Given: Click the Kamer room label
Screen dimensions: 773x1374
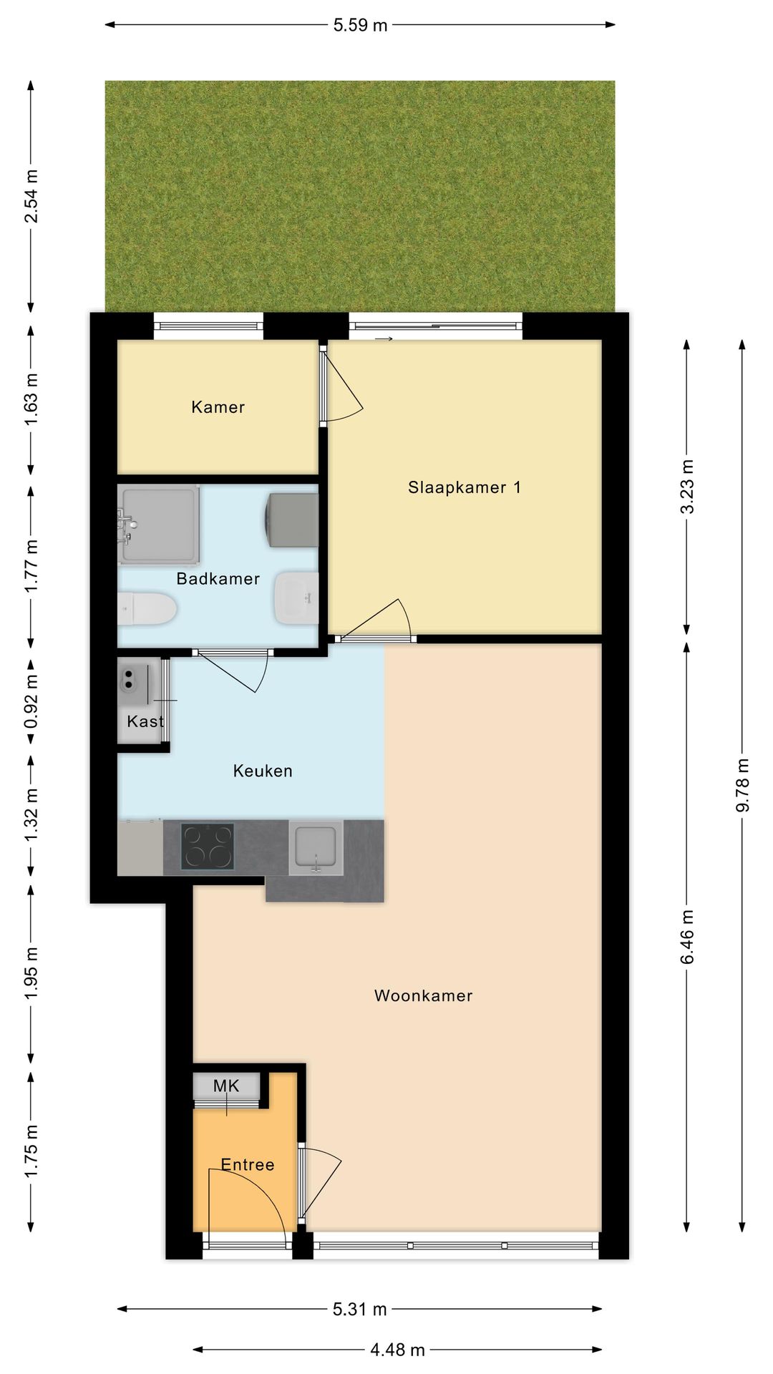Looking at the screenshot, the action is point(218,407).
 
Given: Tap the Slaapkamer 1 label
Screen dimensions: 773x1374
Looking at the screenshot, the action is point(465,487).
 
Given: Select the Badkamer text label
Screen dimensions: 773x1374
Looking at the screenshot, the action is point(218,579).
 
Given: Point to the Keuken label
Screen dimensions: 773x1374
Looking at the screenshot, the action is point(263,771).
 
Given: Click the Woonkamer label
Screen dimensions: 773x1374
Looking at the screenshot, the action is point(424,995).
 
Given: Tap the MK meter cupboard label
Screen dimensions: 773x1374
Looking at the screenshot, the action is point(226,1086).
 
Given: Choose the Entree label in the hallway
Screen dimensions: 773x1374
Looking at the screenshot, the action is point(248,1164).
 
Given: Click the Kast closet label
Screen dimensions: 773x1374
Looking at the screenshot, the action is point(145,721).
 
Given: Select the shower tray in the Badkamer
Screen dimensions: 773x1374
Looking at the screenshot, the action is point(158,525).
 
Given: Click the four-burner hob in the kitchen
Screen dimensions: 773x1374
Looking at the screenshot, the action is point(208,847).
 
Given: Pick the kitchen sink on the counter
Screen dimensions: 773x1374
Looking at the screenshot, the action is point(316,848).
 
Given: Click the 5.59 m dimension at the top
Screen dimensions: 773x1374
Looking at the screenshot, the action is point(360,25).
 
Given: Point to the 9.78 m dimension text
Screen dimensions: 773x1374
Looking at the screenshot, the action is point(742,785).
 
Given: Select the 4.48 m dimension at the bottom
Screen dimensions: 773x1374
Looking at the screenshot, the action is point(397,1350).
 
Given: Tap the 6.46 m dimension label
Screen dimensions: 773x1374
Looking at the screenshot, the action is point(687,937).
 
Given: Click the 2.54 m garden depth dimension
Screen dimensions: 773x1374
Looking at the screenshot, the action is point(31,196).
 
